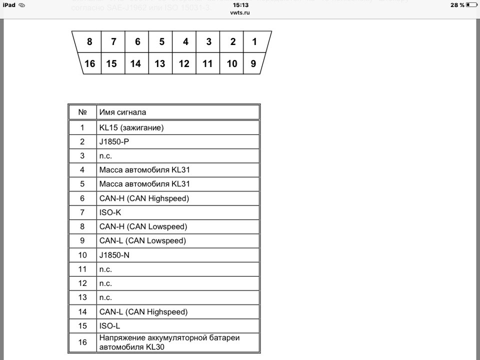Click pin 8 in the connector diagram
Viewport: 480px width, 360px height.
89,42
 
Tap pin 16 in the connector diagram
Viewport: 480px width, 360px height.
90,63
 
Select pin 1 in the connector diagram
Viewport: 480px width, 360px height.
254,42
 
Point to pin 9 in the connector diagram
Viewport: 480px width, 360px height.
253,63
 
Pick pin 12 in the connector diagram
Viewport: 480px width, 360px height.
184,63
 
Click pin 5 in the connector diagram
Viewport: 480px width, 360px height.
161,42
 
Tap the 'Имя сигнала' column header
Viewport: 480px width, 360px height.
122,112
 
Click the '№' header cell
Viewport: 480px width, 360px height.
82,112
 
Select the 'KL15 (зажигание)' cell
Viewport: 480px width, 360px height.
131,127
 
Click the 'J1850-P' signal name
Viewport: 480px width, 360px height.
114,141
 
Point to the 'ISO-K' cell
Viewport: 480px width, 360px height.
110,212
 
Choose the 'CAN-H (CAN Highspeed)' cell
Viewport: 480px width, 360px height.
144,198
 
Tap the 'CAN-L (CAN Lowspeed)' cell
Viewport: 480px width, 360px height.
142,240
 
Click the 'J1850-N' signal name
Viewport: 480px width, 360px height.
114,255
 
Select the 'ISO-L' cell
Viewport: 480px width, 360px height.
109,326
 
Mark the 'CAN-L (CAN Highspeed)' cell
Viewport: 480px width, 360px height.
143,312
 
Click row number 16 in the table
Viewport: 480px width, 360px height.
82,342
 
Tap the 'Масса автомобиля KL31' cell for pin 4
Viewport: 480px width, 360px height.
144,170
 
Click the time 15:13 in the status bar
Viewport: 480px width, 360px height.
240,4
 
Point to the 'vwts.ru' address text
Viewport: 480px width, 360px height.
240,12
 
